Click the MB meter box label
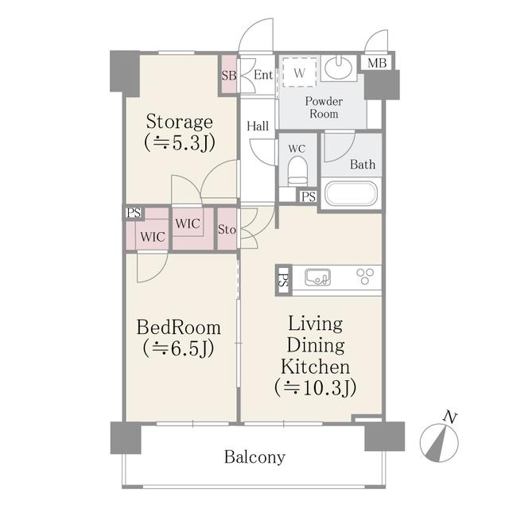[377, 63]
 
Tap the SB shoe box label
[229, 76]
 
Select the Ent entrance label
[263, 75]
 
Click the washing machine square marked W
[300, 72]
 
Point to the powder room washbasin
[338, 67]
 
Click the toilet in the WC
[297, 171]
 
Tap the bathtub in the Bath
[351, 193]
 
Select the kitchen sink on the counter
[317, 278]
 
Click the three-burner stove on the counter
[365, 277]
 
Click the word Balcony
[254, 457]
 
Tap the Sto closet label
[227, 230]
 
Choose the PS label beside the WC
[309, 196]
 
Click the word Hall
[258, 126]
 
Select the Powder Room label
[324, 107]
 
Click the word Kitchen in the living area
[315, 367]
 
